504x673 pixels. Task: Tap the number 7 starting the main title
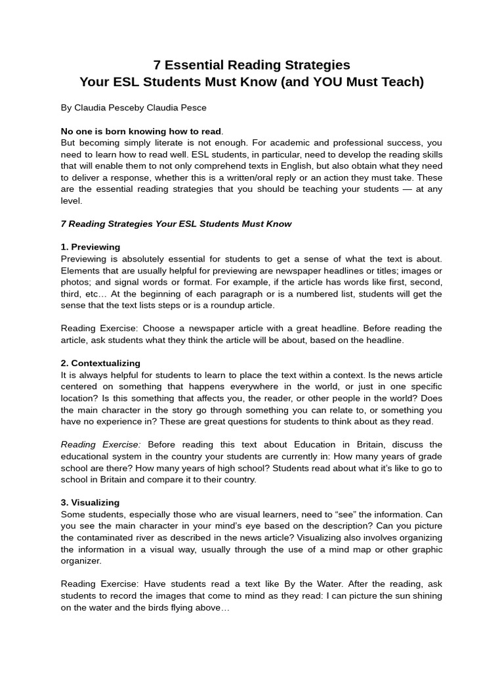[x=157, y=64]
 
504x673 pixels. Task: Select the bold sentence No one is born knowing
[x=142, y=131]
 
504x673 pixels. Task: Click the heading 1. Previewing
[x=91, y=247]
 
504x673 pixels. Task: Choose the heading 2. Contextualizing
[x=100, y=363]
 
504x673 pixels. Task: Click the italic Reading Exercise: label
[x=101, y=444]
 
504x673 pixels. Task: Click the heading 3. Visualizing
[x=91, y=502]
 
